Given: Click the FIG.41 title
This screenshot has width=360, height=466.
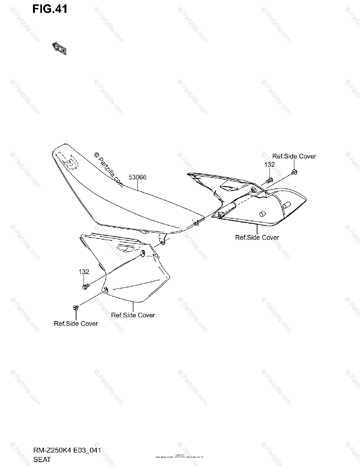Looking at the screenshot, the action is click(x=50, y=9).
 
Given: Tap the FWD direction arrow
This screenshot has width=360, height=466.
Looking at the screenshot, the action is click(x=59, y=48).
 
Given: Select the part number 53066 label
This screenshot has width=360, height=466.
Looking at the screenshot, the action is click(x=137, y=177).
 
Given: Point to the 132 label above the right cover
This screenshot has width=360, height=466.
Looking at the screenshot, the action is click(x=270, y=164).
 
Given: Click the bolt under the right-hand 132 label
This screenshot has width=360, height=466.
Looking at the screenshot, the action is click(x=270, y=180).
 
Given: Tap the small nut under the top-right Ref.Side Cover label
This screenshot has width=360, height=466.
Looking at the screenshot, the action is click(x=294, y=172).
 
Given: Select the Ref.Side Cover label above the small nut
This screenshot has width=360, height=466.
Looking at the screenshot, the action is click(x=294, y=156).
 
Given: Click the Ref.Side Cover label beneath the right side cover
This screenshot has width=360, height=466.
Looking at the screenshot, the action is click(x=257, y=237).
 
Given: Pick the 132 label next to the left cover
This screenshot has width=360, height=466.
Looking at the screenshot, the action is click(x=84, y=272).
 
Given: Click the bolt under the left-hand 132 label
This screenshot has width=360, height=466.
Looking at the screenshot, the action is click(x=85, y=287).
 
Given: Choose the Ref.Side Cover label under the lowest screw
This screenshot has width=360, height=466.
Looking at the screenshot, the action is click(x=76, y=323).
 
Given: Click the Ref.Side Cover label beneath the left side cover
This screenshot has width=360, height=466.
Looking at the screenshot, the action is click(x=133, y=315).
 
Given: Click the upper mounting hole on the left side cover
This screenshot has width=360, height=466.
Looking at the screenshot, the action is click(x=143, y=253).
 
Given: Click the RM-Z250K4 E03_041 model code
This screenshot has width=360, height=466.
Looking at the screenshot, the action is click(x=67, y=451).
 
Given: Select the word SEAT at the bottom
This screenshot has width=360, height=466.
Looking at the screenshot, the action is click(x=42, y=460).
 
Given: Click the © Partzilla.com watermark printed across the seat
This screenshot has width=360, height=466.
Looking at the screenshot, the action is click(x=109, y=170).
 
